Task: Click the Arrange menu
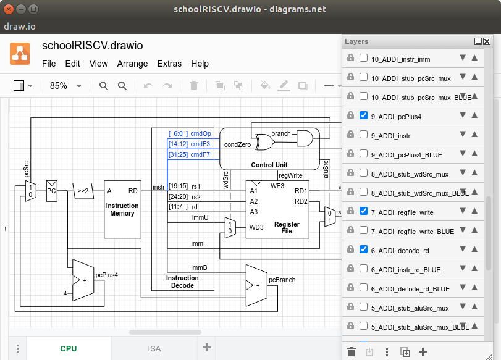[132, 64]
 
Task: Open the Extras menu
[169, 64]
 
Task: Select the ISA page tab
[154, 348]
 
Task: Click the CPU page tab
[69, 348]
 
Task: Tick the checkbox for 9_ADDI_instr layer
[363, 135]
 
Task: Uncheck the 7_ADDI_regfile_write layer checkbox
[363, 211]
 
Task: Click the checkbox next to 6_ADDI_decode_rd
[363, 249]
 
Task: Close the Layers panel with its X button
[487, 41]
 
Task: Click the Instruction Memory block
[122, 209]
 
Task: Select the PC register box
[52, 191]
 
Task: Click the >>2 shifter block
[82, 191]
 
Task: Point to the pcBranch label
[282, 280]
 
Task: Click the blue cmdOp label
[200, 133]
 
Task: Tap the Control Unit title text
[269, 165]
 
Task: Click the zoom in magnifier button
[103, 86]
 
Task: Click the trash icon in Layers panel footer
[352, 352]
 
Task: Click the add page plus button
[206, 348]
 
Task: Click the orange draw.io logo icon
[20, 54]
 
